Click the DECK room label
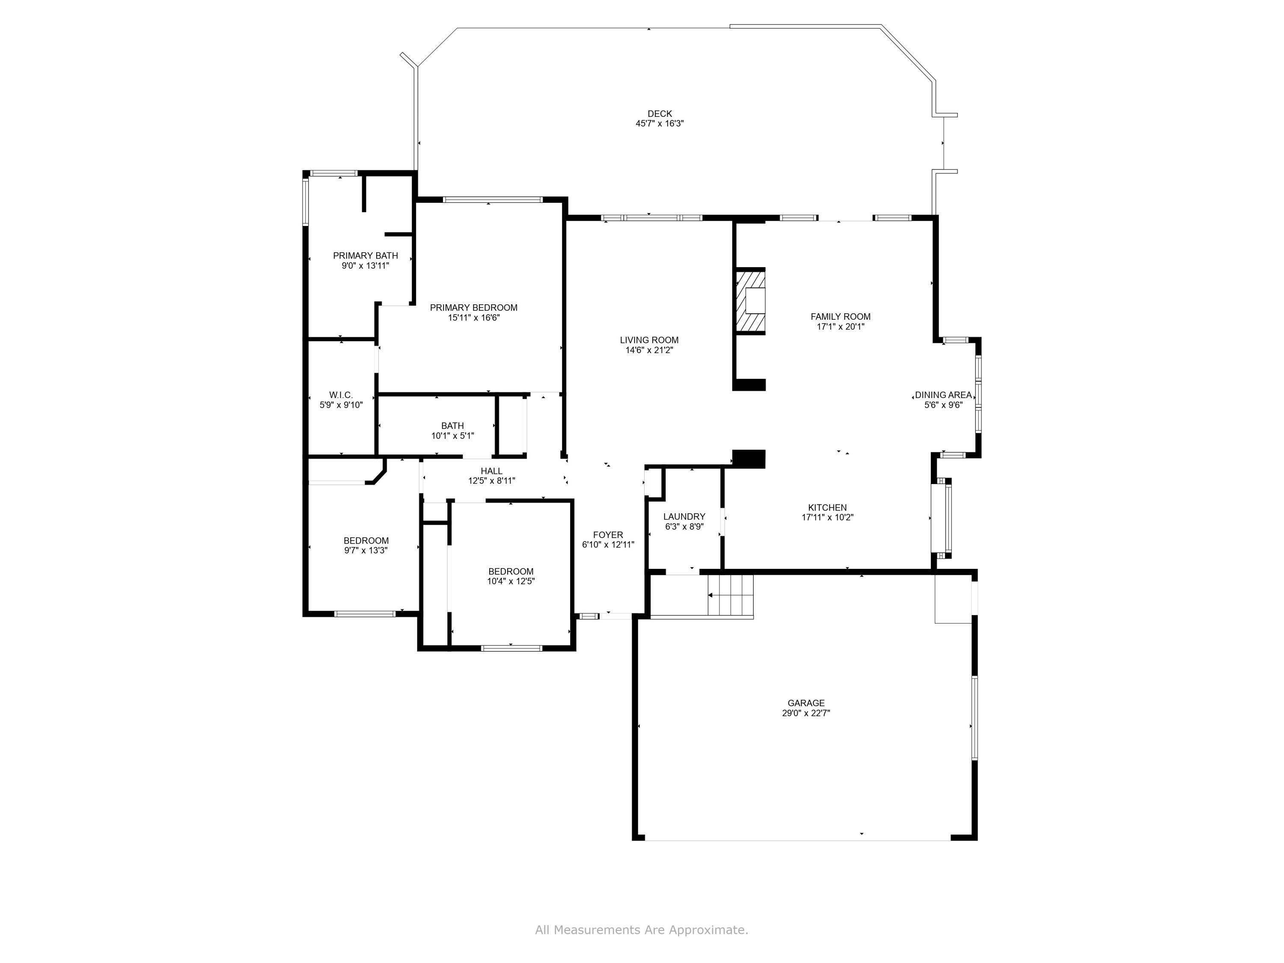click(x=660, y=114)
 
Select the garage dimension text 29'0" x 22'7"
click(x=805, y=713)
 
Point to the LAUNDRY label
click(x=684, y=517)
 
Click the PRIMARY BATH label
click(x=365, y=256)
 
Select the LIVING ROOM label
click(x=648, y=340)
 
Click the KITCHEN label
click(x=827, y=507)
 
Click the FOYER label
click(x=608, y=535)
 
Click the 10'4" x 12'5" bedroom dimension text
click(x=510, y=581)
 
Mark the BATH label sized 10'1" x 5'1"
click(x=452, y=426)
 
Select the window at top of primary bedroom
click(x=492, y=200)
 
